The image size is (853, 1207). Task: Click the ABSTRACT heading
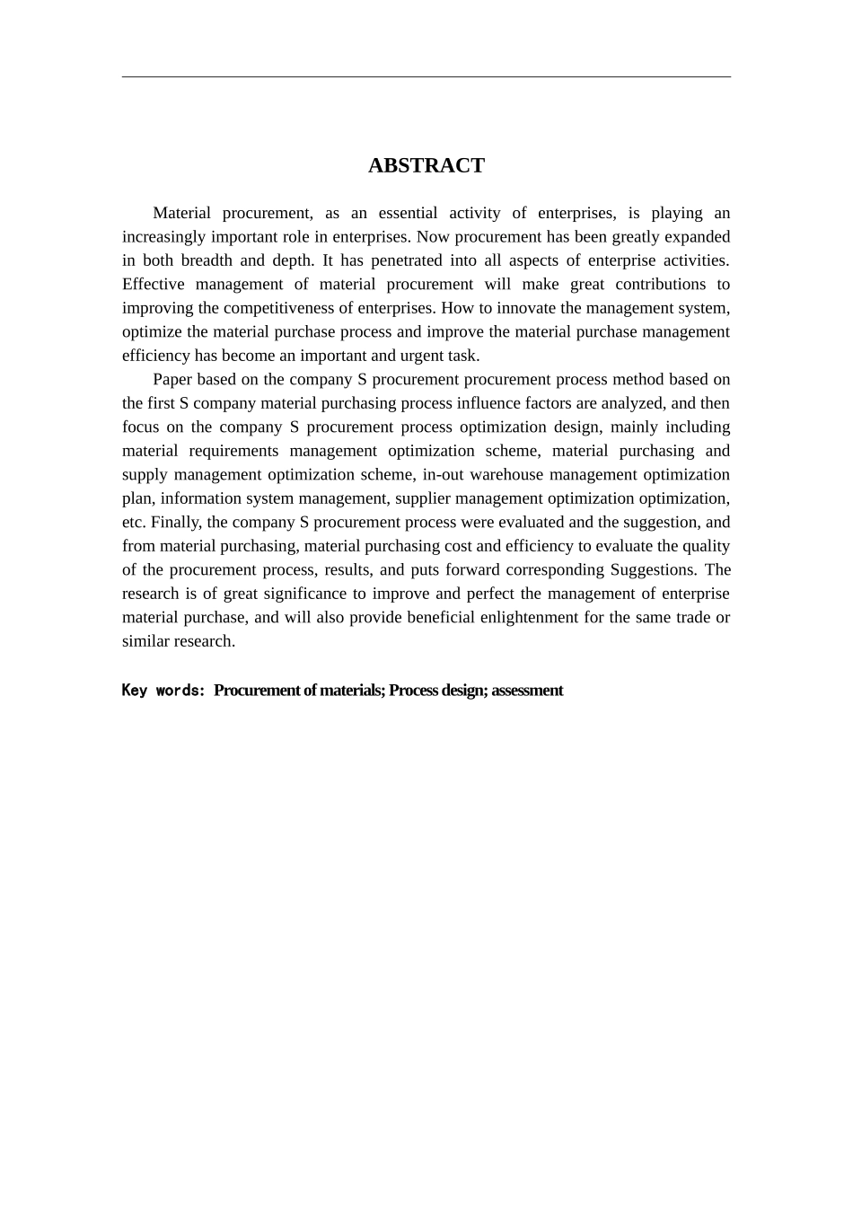(426, 165)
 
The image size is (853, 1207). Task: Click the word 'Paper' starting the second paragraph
(172, 379)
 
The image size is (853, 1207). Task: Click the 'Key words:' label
(163, 691)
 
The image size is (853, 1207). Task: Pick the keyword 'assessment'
(527, 691)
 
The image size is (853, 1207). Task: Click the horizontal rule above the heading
(426, 77)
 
